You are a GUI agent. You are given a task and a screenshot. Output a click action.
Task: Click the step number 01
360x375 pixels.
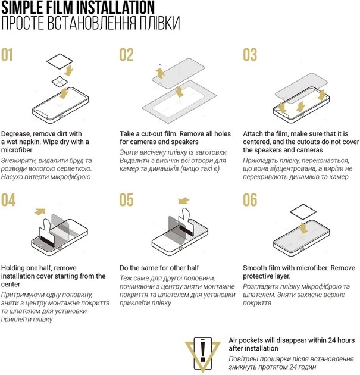click(7, 55)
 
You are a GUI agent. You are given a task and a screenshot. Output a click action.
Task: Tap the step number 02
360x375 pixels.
click(126, 55)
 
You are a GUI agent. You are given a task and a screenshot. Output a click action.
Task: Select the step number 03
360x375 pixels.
click(250, 55)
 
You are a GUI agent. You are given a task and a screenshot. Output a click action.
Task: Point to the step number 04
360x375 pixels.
click(8, 200)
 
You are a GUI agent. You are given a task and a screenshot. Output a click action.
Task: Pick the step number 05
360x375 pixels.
click(127, 200)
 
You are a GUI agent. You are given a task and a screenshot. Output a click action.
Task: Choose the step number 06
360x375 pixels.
click(250, 200)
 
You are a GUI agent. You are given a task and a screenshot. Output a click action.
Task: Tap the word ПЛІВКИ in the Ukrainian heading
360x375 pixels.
click(159, 23)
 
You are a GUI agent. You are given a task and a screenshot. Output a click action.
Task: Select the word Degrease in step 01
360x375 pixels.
click(16, 134)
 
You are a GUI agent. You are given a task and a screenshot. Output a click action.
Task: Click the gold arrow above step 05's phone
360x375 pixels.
click(184, 201)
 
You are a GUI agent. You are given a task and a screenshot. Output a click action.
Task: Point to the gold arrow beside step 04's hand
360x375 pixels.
click(40, 211)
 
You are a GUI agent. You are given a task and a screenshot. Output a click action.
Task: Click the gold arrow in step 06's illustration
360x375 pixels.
click(303, 228)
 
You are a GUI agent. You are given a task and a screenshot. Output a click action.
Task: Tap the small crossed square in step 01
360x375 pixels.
click(60, 82)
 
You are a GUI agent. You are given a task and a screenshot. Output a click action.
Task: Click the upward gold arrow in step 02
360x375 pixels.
click(161, 73)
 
